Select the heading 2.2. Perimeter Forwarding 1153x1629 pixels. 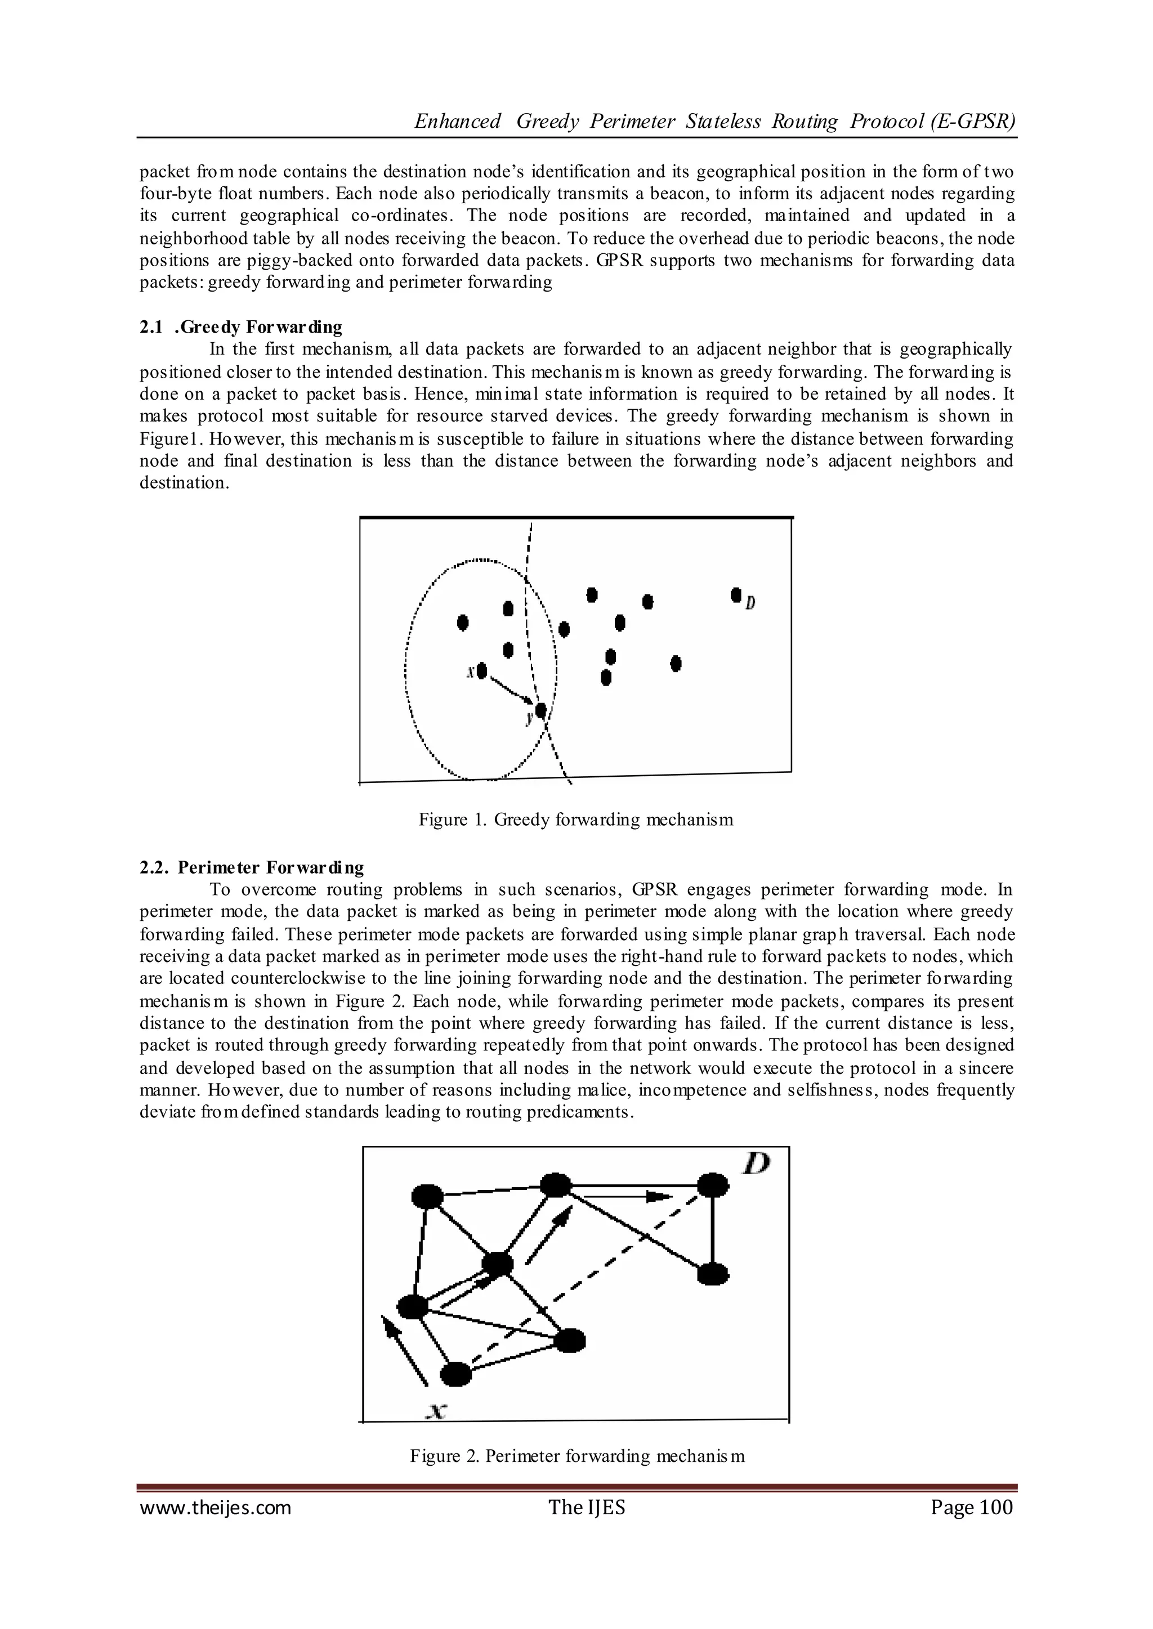tap(252, 867)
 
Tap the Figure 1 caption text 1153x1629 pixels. tap(575, 820)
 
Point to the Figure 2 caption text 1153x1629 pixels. tap(576, 1456)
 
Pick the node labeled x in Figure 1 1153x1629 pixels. tap(482, 670)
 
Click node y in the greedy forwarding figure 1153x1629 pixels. tap(541, 710)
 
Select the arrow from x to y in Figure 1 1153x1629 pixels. tap(511, 690)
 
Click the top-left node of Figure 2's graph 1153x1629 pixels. tap(427, 1196)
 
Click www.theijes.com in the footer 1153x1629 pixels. tap(215, 1507)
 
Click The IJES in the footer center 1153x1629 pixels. tap(587, 1507)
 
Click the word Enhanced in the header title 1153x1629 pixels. tap(457, 122)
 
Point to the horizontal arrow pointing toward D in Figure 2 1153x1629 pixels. tap(629, 1197)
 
